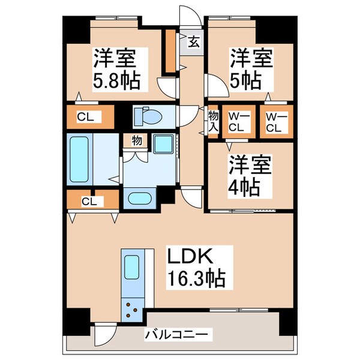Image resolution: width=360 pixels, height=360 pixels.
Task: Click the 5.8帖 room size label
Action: click(116, 80)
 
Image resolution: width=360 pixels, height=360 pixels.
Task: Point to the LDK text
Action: click(190, 256)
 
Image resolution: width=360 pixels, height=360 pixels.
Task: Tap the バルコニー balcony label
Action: click(175, 333)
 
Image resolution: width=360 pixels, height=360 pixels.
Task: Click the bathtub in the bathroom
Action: click(80, 159)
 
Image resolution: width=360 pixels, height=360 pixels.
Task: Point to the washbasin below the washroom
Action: click(140, 199)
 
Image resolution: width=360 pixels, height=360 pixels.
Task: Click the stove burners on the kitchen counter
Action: click(133, 310)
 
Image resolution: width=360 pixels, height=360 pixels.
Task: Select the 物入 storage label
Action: click(213, 119)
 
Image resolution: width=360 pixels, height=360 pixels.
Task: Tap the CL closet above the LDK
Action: click(89, 200)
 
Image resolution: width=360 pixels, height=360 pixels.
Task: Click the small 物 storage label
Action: click(137, 141)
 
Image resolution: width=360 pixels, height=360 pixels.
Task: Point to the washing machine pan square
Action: click(162, 145)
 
